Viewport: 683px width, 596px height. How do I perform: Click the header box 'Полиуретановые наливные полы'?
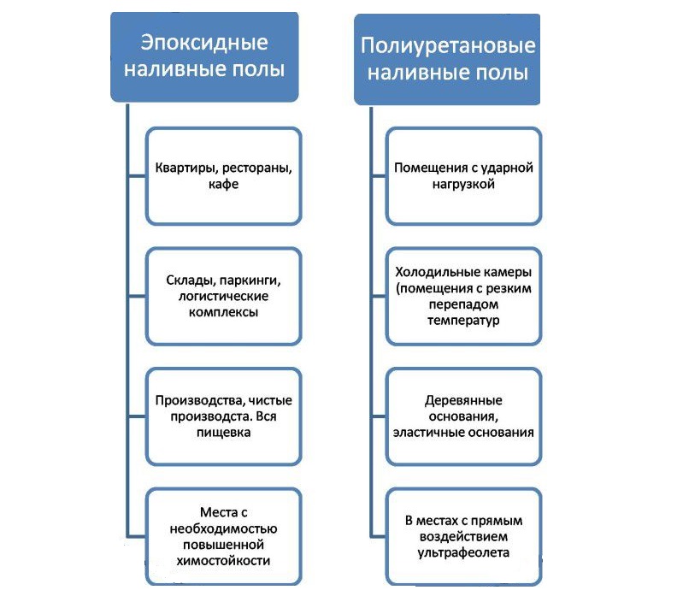coord(447,58)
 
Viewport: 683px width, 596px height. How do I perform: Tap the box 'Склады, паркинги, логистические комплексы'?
coord(223,296)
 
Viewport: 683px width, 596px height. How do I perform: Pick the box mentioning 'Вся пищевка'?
coord(223,416)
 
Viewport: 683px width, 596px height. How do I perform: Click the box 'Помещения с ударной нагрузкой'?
coord(463,175)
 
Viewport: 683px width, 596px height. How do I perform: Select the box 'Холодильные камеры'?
coord(463,296)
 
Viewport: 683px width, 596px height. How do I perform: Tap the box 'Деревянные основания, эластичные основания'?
coord(463,416)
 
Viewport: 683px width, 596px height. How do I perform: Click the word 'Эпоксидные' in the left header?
coord(203,43)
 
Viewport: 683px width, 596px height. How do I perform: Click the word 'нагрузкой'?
coord(463,184)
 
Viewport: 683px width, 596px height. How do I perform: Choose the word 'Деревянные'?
coord(463,400)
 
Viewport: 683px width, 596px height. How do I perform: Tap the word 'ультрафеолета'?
coord(463,553)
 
